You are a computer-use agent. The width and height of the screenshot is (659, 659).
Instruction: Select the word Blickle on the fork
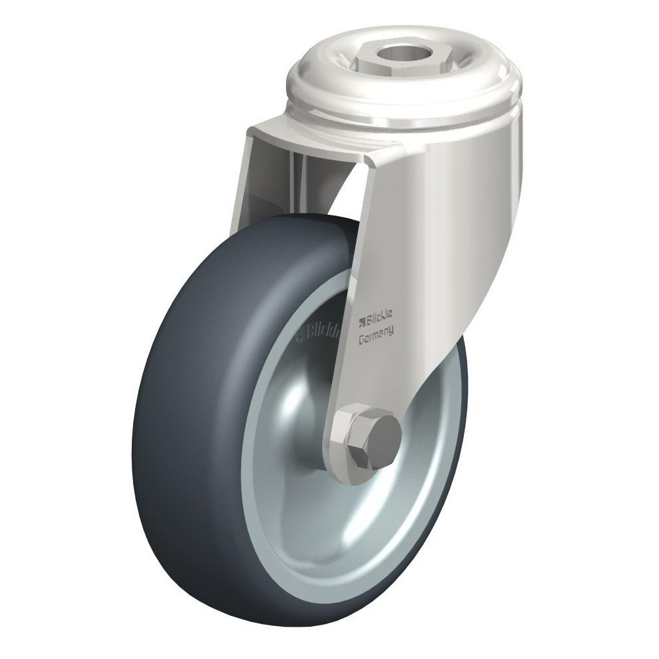click(x=380, y=322)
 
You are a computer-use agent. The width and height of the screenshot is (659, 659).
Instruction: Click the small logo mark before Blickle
click(x=361, y=321)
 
